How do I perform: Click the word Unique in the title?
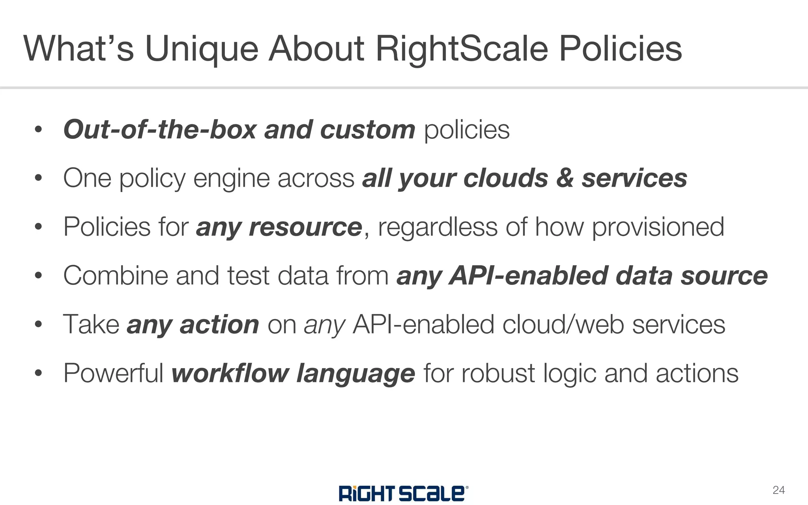point(202,49)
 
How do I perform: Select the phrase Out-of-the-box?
point(160,130)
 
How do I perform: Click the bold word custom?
point(367,130)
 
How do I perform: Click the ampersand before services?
point(565,178)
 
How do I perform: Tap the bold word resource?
point(305,227)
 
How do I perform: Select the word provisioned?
point(658,227)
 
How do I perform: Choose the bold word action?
point(219,325)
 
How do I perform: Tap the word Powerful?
point(114,373)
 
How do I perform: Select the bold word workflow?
point(230,373)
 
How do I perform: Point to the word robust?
point(498,373)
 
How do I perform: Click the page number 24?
point(778,490)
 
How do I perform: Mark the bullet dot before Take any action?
point(38,325)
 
